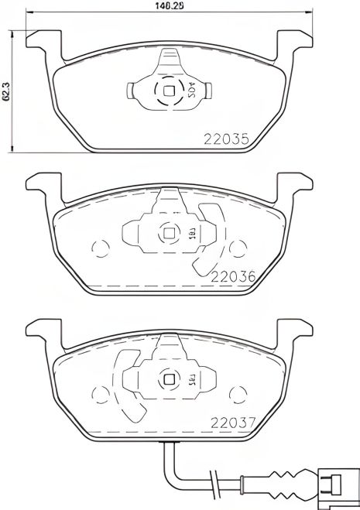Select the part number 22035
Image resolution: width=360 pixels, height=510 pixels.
[225, 140]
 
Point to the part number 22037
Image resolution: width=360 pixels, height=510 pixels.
[232, 422]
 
